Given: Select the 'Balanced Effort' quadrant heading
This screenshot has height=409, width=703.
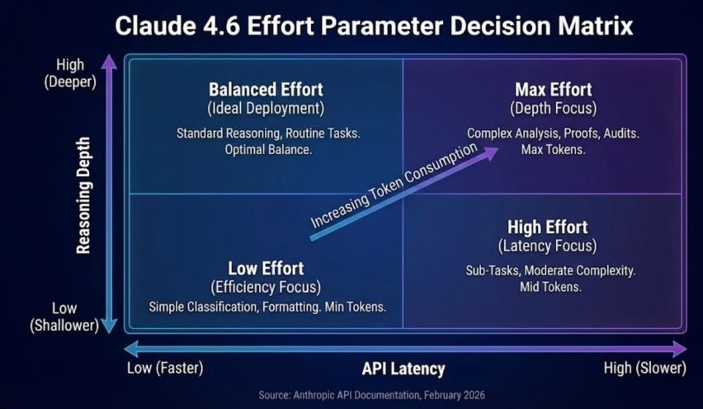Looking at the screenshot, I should pos(266,90).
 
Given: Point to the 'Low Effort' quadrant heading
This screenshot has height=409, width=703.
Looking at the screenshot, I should pos(266,269).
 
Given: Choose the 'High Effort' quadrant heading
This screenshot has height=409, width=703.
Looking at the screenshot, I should pos(548,228).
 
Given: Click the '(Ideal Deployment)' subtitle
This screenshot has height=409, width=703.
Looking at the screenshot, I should pos(266,108).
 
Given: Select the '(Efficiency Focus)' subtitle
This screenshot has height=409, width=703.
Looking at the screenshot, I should pos(266,287).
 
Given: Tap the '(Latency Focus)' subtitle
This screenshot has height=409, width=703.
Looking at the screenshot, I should pos(548,246).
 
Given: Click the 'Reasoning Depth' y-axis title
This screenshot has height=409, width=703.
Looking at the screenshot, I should pos(83,195).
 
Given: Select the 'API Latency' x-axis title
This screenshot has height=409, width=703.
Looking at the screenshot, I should pos(403,369).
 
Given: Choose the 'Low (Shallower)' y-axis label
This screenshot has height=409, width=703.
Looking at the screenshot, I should pos(64,317).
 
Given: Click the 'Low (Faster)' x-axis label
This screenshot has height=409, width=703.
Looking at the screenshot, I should pos(165,369).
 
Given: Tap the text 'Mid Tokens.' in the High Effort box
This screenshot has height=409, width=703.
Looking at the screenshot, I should pos(550,287).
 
